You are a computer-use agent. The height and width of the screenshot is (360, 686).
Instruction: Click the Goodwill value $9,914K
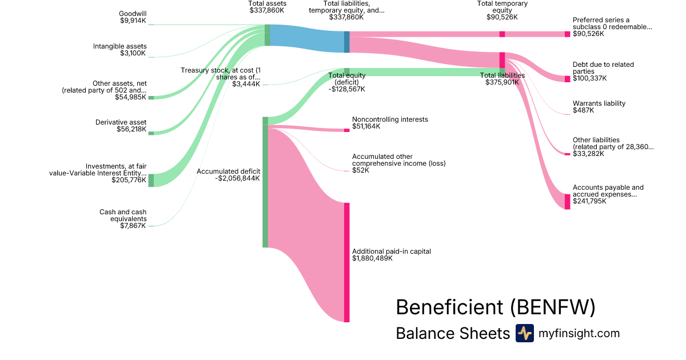pyautogui.click(x=133, y=21)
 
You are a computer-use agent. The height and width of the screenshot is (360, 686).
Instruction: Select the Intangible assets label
pyautogui.click(x=120, y=46)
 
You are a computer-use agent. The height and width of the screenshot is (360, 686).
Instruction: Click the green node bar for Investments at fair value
pyautogui.click(x=151, y=180)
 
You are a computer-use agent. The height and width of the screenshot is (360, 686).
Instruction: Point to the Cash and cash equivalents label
pyautogui.click(x=123, y=215)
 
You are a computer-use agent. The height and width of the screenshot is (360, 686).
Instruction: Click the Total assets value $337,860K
pyautogui.click(x=268, y=10)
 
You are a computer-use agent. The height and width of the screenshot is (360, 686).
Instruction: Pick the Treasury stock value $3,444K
pyautogui.click(x=246, y=84)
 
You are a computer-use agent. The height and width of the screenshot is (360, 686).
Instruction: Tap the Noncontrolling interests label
pyautogui.click(x=390, y=119)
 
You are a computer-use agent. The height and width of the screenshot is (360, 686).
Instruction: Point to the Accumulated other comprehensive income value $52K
pyautogui.click(x=361, y=170)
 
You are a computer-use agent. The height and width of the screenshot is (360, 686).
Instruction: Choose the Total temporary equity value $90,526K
pyautogui.click(x=502, y=17)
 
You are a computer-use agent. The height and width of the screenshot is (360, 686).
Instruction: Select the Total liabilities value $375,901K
pyautogui.click(x=502, y=82)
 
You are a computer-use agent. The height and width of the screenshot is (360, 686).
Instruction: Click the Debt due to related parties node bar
pyautogui.click(x=567, y=79)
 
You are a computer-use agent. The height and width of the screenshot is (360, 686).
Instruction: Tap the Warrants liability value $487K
pyautogui.click(x=583, y=110)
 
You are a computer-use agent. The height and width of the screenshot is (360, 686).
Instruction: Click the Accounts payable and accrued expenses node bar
pyautogui.click(x=567, y=201)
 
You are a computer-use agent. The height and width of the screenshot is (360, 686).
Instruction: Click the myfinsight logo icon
pyautogui.click(x=524, y=333)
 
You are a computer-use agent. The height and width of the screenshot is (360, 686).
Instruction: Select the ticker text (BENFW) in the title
pyautogui.click(x=552, y=307)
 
